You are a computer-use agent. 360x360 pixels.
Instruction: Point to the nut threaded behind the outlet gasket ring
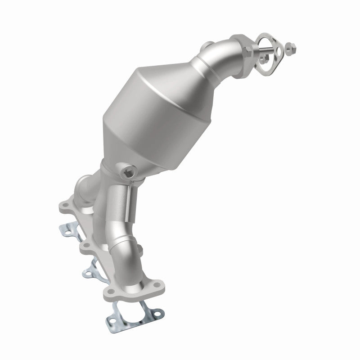[261, 58]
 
